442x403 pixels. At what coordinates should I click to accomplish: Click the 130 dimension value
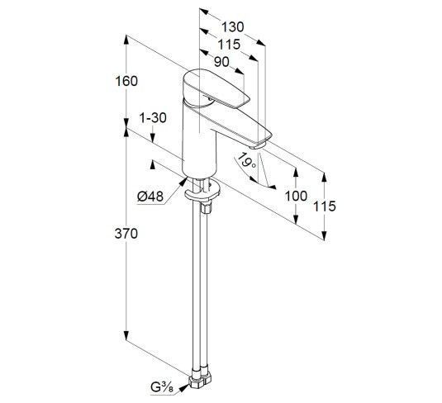pyautogui.click(x=232, y=27)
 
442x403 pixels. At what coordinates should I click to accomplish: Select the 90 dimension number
pyautogui.click(x=221, y=62)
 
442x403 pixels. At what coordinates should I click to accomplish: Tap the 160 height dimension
pyautogui.click(x=126, y=81)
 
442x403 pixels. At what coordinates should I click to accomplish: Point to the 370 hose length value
pyautogui.click(x=126, y=234)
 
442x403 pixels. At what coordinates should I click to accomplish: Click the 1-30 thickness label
pyautogui.click(x=153, y=118)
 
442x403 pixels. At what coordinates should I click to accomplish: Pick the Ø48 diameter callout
pyautogui.click(x=150, y=197)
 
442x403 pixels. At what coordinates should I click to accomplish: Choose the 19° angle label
pyautogui.click(x=246, y=161)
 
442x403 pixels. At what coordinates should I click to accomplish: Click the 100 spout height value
pyautogui.click(x=296, y=196)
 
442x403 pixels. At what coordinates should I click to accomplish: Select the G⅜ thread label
pyautogui.click(x=162, y=387)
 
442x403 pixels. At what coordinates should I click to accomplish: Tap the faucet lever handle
pyautogui.click(x=216, y=88)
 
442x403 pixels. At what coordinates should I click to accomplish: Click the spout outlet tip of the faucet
pyautogui.click(x=259, y=145)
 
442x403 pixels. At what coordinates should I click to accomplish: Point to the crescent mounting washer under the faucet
pyautogui.click(x=202, y=192)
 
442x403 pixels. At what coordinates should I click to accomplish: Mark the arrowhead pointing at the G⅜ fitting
pyautogui.click(x=184, y=388)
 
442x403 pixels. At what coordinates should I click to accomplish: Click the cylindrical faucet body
pyautogui.click(x=200, y=138)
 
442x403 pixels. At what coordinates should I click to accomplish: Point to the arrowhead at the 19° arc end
pyautogui.click(x=272, y=187)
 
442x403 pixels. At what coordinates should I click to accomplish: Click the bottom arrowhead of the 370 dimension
pyautogui.click(x=126, y=335)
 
